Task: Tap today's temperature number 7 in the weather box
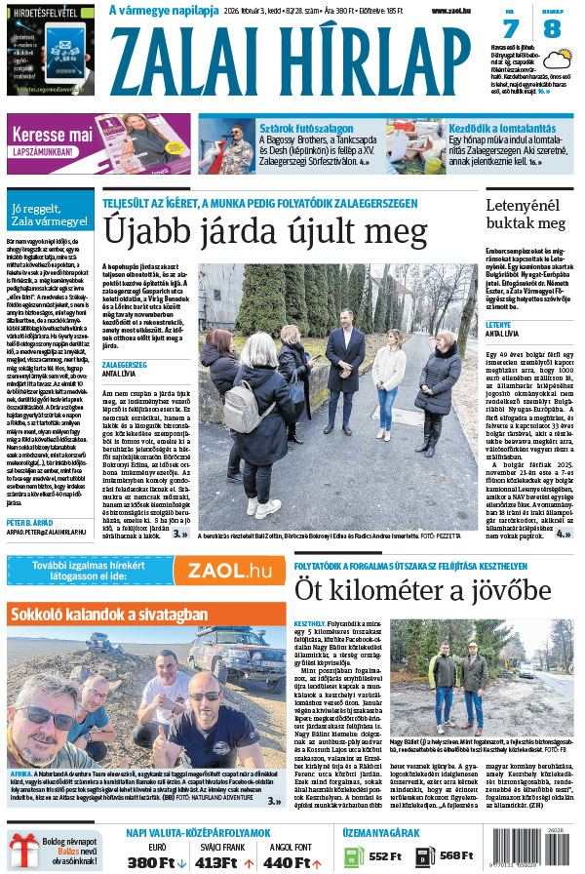pyautogui.click(x=510, y=29)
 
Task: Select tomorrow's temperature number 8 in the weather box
pyautogui.click(x=552, y=29)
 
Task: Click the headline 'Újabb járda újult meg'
pyautogui.click(x=265, y=231)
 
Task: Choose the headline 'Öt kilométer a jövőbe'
pyautogui.click(x=422, y=590)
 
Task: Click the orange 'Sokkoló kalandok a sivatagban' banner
pyautogui.click(x=146, y=615)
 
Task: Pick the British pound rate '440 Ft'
pyautogui.click(x=287, y=861)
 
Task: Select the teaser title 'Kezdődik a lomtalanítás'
pyautogui.click(x=504, y=127)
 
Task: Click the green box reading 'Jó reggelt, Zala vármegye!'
pyautogui.click(x=49, y=215)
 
